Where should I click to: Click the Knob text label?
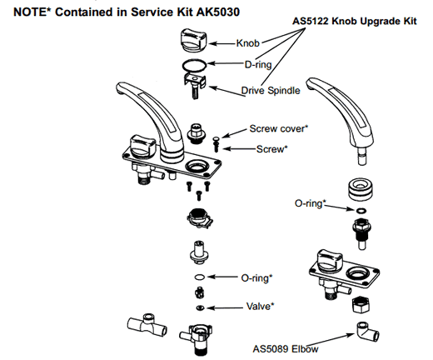point(248,43)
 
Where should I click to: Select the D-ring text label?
point(258,65)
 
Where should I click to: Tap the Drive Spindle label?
point(271,91)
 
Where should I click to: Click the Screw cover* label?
point(279,128)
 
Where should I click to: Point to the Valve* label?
point(260,307)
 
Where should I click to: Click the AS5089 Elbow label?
point(286,349)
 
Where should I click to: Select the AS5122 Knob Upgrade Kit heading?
point(355,21)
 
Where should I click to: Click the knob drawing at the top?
point(194,41)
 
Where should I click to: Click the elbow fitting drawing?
point(367,332)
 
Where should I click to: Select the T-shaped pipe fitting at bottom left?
point(147,324)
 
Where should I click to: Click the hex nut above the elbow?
point(361,305)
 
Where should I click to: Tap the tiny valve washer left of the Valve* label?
point(200,307)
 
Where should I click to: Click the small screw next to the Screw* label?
point(216,147)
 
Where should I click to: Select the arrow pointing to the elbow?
point(330,340)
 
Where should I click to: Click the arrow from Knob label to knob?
point(222,43)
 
